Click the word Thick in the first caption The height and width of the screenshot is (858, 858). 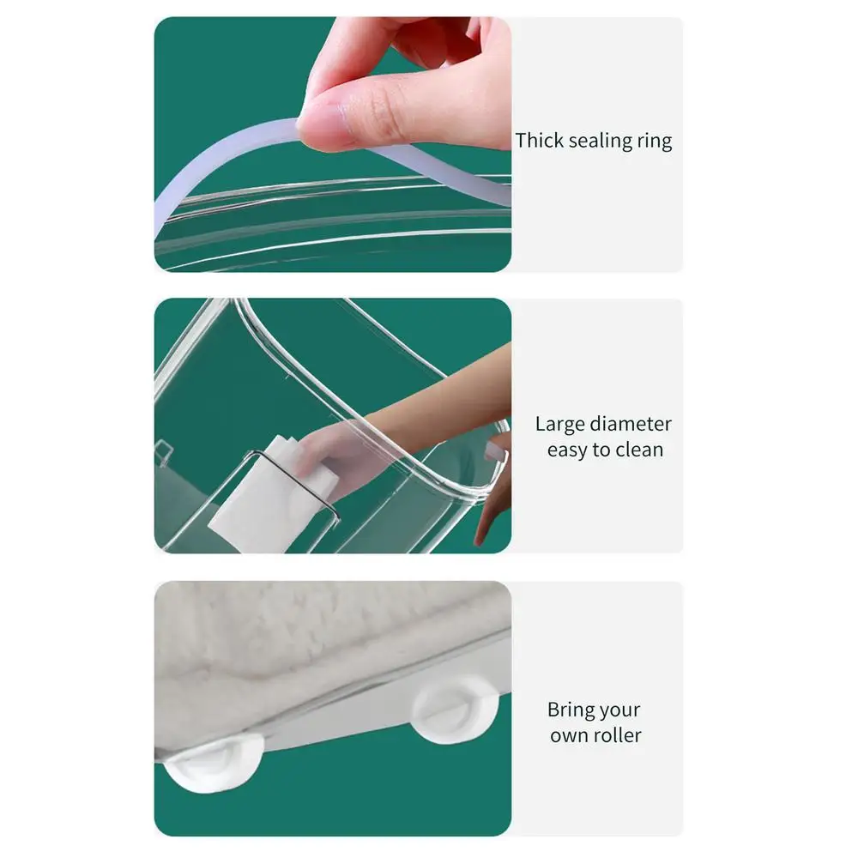click(539, 140)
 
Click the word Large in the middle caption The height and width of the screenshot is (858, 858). click(559, 424)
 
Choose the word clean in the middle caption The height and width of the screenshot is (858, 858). click(639, 450)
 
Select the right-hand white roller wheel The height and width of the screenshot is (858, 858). click(456, 710)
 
